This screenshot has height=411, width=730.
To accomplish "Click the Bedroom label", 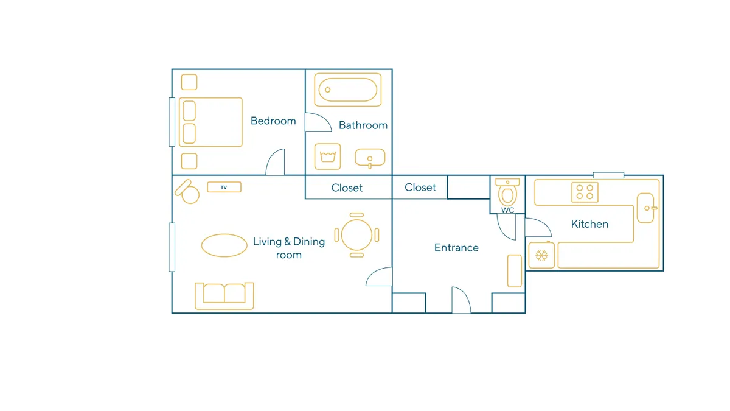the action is pos(273,121).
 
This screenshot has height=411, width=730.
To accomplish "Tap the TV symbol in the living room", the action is pos(224,188).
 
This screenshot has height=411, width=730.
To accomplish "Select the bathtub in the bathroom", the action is pos(348,90).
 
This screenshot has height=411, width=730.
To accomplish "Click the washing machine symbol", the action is pos(327,156).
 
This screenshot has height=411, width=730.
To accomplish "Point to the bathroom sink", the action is pos(370,158).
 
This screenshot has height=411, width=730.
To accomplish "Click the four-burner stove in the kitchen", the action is pos(585,192).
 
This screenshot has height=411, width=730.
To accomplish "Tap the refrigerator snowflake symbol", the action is pos(541,255).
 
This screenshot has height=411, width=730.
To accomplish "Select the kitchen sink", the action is pos(646,208).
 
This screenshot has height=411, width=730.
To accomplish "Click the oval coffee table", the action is pos(224,245).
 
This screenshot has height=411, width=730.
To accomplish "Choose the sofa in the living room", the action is pos(224,296).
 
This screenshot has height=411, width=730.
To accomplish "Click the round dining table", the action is pos(357,235).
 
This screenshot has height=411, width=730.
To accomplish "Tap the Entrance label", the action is pos(456,248).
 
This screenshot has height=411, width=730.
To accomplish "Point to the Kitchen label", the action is pos(589,224).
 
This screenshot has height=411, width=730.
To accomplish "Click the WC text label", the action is pos(507,211).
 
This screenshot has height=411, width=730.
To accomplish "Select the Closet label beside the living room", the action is pos(347,188).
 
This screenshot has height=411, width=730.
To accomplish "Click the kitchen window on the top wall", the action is pos(608,175).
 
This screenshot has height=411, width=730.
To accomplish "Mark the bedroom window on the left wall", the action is pos(172,122).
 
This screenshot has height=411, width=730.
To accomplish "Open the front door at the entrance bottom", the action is pos(461,300).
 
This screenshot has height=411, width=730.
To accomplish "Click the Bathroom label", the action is pos(363,125).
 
